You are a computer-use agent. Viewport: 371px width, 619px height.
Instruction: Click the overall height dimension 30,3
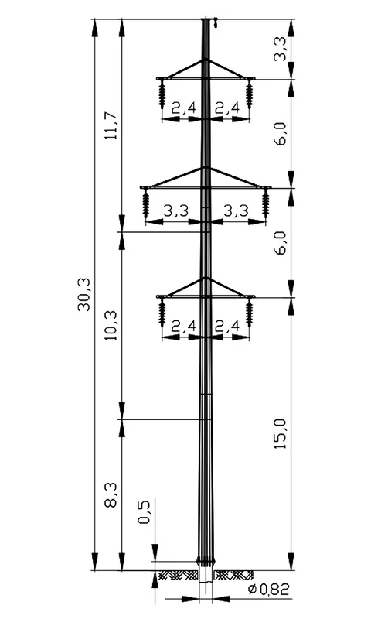(84, 295)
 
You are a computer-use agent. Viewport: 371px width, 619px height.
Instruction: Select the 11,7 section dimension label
(111, 125)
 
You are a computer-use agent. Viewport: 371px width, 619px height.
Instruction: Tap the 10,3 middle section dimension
(111, 326)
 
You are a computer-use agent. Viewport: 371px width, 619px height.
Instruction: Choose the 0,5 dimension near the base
(145, 512)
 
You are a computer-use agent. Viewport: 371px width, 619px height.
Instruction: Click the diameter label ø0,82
(268, 590)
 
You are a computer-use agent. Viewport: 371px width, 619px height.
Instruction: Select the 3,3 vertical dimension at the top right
(281, 49)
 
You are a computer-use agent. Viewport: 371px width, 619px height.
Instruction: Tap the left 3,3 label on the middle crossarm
(176, 211)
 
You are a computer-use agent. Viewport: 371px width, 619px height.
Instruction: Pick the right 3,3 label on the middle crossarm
(237, 211)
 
